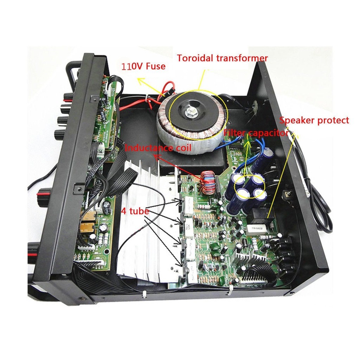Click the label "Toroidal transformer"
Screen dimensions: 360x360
222,58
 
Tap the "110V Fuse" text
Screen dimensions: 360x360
143,66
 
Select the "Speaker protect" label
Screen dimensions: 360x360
314,121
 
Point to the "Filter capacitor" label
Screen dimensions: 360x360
256,133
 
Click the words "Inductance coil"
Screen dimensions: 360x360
158,148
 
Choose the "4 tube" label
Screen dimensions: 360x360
135,212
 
